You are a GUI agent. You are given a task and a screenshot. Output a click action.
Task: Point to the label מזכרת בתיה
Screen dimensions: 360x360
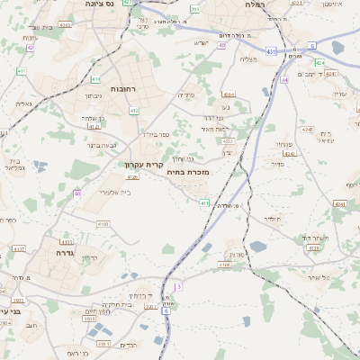(187, 171)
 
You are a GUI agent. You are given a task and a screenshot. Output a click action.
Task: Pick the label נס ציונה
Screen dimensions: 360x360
(97, 4)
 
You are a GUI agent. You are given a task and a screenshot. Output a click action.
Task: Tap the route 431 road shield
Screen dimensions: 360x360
(272, 51)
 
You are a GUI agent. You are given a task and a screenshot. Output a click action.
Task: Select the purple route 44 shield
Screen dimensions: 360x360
(284, 80)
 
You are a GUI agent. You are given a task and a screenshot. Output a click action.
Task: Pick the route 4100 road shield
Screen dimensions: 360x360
(103, 223)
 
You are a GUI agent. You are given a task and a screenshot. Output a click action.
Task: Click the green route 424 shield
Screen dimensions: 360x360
(319, 62)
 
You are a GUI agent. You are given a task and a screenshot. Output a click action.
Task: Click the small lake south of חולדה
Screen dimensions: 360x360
(259, 246)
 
